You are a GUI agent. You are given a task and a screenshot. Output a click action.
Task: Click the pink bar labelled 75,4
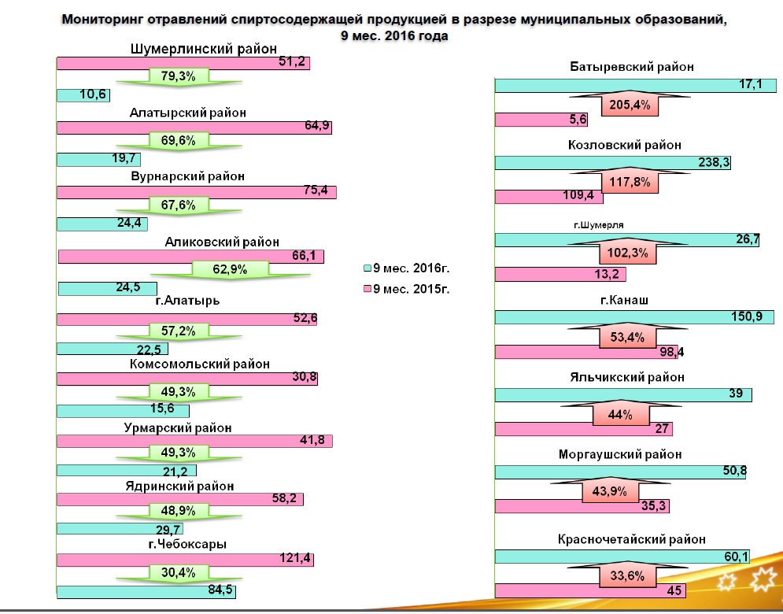[x=197, y=193]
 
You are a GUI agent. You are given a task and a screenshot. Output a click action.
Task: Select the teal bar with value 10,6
[x=83, y=96]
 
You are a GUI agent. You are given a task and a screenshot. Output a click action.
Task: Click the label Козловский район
[x=624, y=146]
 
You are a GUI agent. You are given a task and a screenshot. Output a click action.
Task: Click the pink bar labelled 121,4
[x=185, y=560]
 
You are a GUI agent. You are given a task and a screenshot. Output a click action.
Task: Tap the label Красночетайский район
[x=632, y=539]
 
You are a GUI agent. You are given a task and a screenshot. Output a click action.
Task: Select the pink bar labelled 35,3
[x=582, y=505]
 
